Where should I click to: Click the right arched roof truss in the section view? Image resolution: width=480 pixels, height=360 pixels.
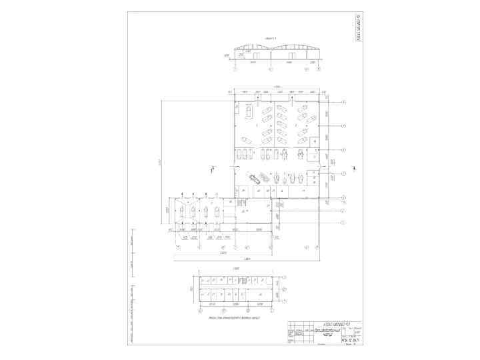296,47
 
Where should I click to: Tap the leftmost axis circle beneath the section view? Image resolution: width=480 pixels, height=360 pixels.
235,68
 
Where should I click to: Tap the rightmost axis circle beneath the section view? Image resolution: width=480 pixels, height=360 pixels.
319,68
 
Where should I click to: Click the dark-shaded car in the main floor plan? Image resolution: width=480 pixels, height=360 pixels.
255,178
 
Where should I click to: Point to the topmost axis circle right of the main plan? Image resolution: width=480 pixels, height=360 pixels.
343,101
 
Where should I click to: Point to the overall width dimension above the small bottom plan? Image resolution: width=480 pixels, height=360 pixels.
235,269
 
